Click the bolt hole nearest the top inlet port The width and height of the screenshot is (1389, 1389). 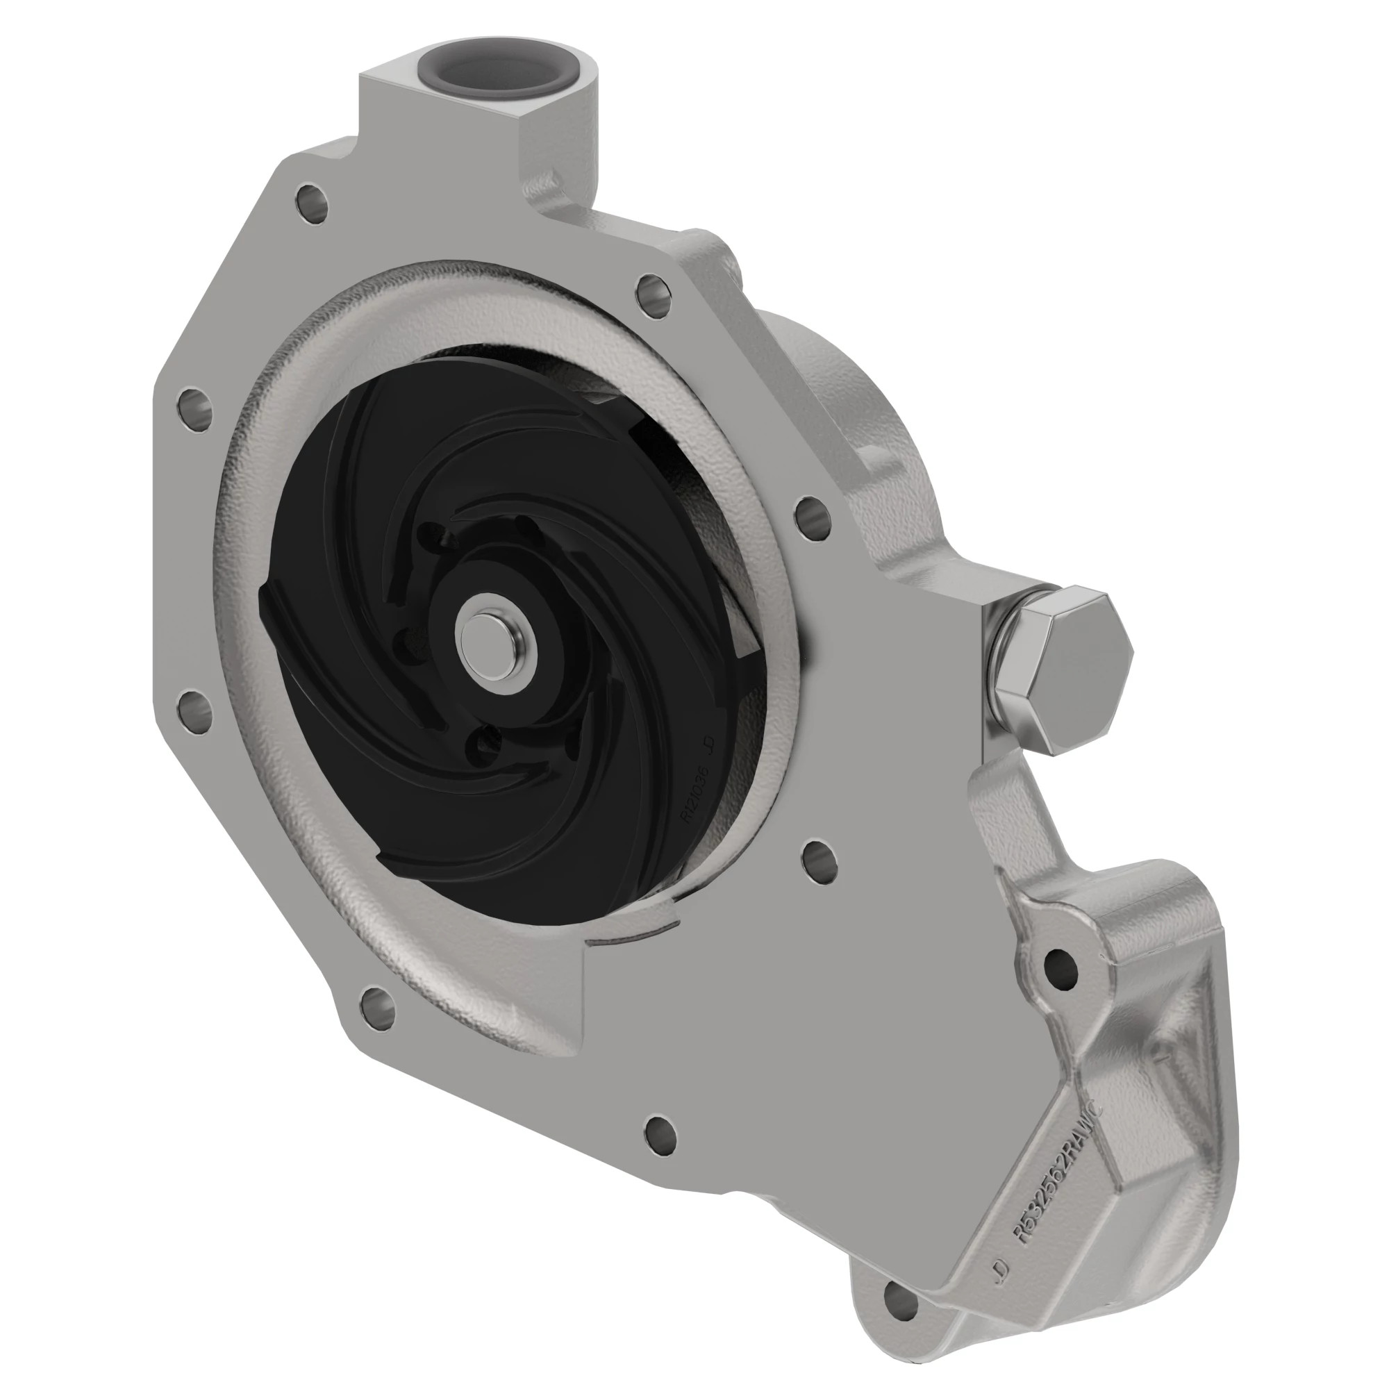(311, 198)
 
